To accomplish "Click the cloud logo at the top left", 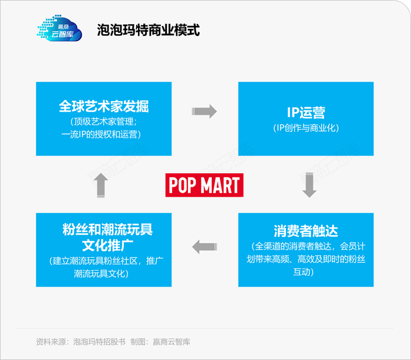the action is (x=59, y=28).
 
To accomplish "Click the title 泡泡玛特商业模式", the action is (x=149, y=29).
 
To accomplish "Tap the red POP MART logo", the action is (x=204, y=185).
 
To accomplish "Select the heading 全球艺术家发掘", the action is (x=104, y=106).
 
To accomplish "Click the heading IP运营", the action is (x=306, y=113).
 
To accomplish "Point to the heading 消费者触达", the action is (x=306, y=231).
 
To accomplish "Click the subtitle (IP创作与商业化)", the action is (x=306, y=128).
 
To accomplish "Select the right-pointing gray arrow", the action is (x=204, y=112).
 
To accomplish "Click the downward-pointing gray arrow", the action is (x=309, y=185).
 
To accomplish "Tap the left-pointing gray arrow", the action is (x=205, y=247).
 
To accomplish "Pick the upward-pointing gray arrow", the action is (x=101, y=186).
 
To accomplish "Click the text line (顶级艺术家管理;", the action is (x=104, y=122).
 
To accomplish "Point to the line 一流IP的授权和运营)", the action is (x=101, y=134).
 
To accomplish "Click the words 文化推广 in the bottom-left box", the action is (x=107, y=245).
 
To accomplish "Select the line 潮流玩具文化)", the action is (x=101, y=274).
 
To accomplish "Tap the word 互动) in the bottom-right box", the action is (x=304, y=272).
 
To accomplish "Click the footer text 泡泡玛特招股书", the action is (x=99, y=342).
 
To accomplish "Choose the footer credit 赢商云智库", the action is (x=171, y=342).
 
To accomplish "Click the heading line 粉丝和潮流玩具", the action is (x=107, y=230).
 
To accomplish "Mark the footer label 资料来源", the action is (x=51, y=342).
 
